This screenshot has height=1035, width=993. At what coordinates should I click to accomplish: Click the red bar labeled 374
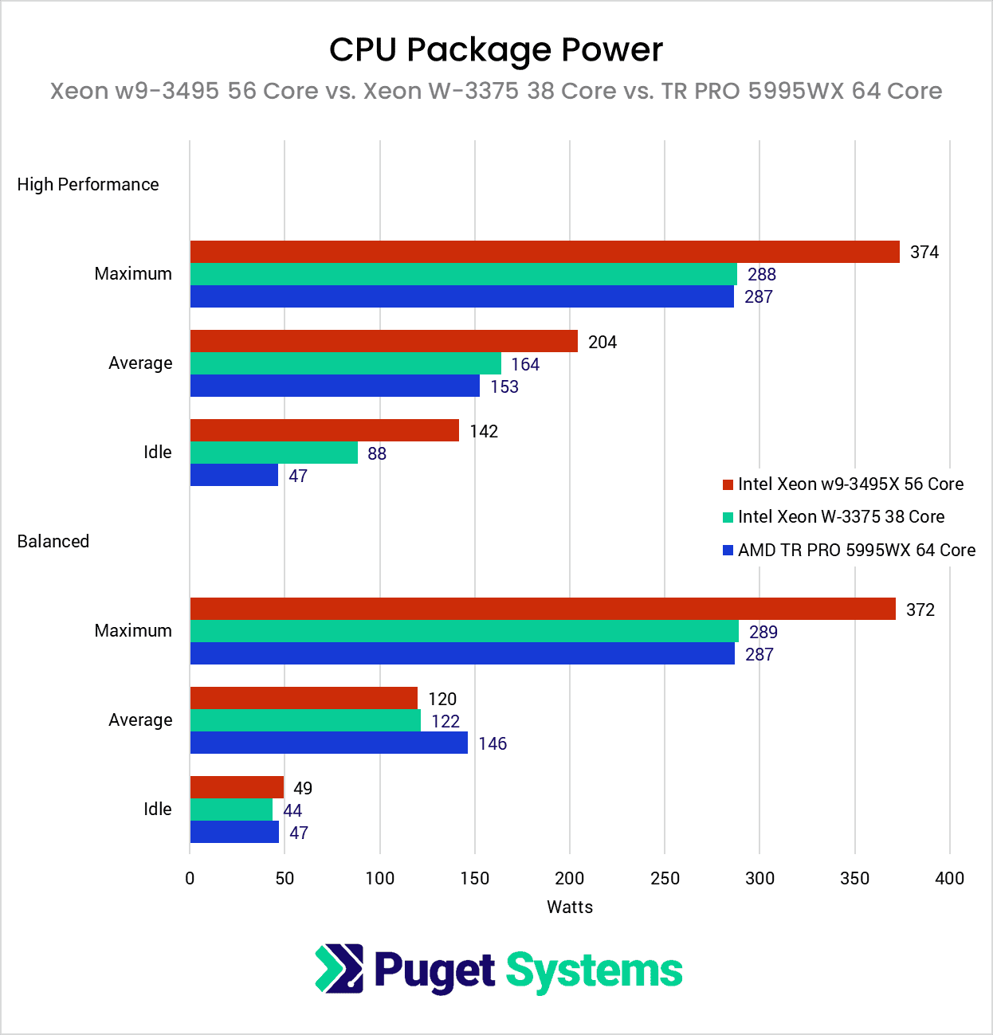coord(544,252)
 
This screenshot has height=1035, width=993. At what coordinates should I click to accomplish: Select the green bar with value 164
coord(345,363)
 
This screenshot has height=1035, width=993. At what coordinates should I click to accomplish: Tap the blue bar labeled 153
coord(335,386)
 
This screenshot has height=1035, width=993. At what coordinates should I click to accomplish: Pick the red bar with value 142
coord(324,430)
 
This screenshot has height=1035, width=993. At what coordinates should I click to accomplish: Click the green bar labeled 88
coord(273,453)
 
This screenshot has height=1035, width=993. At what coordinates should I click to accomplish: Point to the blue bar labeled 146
coord(328,743)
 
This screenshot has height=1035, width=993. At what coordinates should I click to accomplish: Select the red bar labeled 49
coord(237,787)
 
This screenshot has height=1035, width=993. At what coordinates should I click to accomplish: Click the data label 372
coord(920,610)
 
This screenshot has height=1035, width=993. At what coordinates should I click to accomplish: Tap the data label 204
coord(602,342)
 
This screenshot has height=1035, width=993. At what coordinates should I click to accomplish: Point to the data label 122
coord(445,721)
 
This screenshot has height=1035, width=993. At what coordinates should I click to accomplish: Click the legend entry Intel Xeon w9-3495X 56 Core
coord(850,484)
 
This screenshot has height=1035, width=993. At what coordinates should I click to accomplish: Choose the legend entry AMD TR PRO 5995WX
coord(856,550)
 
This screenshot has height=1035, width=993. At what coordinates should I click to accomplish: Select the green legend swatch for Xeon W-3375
coord(728,517)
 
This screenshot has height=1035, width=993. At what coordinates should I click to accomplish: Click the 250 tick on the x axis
coord(665,878)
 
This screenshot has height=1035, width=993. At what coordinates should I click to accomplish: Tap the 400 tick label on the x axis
coord(949,878)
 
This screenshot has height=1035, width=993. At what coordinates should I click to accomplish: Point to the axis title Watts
coord(570,907)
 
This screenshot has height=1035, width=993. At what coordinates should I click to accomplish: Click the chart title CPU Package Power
coord(496,49)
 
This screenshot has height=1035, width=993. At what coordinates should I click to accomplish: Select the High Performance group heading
coord(88,184)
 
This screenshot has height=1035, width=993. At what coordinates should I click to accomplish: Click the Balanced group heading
coord(53,541)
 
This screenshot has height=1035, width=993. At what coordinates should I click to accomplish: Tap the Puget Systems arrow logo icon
coord(340,968)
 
